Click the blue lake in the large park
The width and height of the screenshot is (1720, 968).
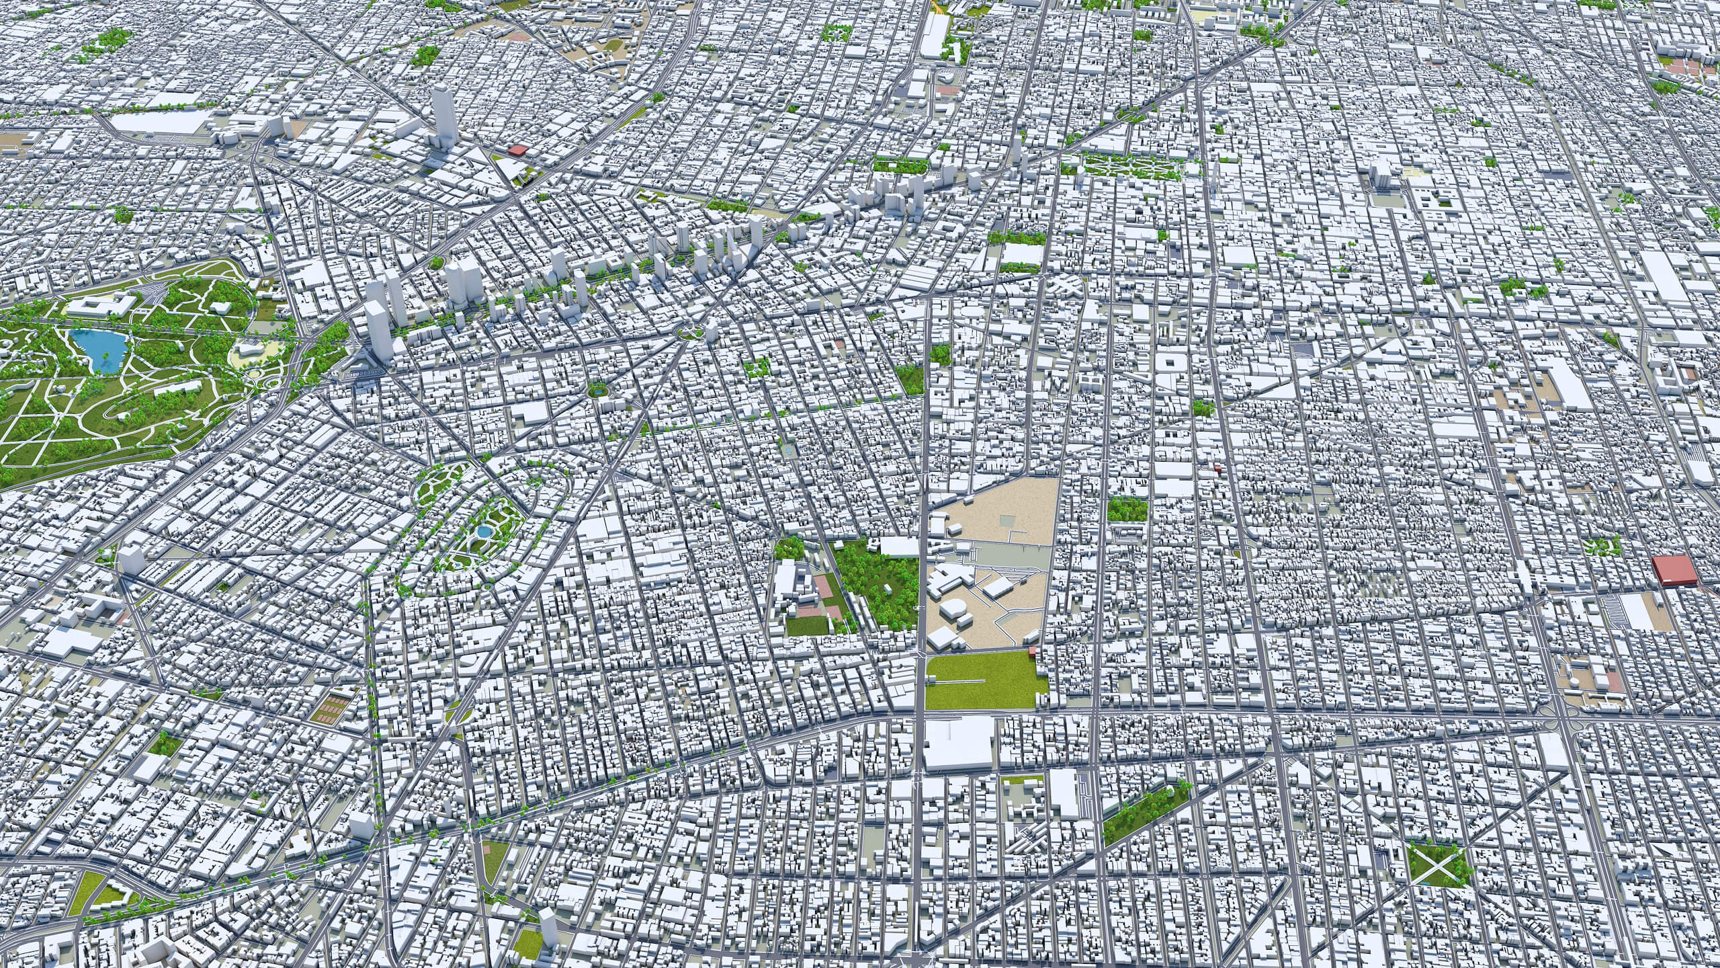[x=101, y=349]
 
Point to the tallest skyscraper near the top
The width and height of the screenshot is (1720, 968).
[x=443, y=121]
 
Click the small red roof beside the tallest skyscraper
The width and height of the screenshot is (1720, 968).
[x=518, y=151]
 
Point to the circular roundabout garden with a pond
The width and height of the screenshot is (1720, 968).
[x=597, y=389]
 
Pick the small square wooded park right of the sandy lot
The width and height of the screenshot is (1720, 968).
[x=1127, y=509]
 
